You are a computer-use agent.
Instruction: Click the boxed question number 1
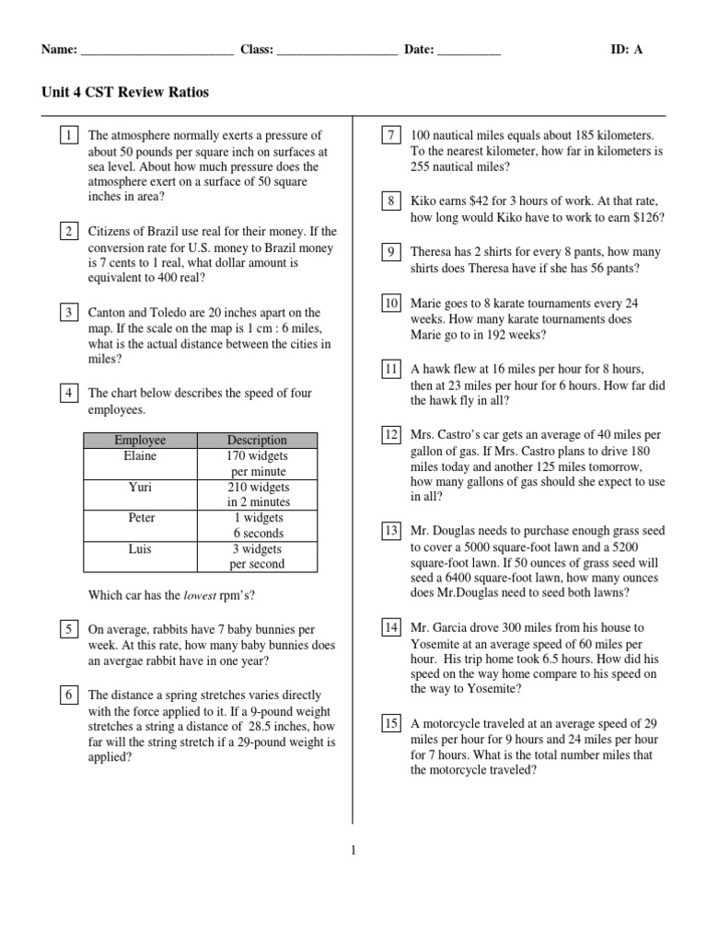pos(69,136)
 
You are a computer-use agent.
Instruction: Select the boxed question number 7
pos(390,136)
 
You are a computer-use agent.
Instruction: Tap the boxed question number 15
pos(391,724)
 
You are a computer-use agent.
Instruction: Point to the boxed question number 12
pos(391,434)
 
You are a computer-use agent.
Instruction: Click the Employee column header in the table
pos(140,440)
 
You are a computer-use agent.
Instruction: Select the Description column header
pos(257,440)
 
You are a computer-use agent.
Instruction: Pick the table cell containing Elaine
pos(140,456)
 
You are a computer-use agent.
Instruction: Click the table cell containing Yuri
pos(140,487)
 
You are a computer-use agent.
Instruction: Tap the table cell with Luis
pos(140,549)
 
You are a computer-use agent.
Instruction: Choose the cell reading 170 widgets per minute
pos(257,463)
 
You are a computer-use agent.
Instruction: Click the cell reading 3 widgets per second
pos(257,557)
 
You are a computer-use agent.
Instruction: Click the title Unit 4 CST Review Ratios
pos(125,92)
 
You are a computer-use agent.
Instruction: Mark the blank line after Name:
pos(156,51)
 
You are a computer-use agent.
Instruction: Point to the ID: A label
pos(627,50)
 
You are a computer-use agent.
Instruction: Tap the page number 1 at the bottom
pos(353,851)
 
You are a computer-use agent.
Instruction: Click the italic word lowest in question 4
pos(201,595)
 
